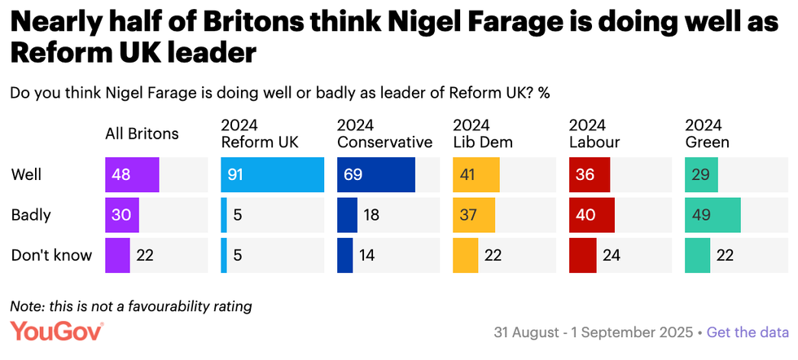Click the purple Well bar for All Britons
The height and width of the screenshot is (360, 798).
[x=132, y=175]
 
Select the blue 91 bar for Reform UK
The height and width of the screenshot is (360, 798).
[x=272, y=175]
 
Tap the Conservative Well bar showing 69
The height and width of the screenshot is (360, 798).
[x=375, y=175]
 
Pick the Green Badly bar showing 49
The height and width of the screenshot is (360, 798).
[x=712, y=215]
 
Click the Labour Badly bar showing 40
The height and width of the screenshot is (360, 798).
[x=591, y=215]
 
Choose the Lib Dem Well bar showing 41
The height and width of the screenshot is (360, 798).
[x=476, y=175]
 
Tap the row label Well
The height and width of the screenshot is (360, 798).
[x=26, y=175]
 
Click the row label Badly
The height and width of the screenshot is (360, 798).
[x=31, y=215]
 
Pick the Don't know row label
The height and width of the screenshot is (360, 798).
[x=51, y=255]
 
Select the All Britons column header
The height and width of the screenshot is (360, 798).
[x=142, y=134]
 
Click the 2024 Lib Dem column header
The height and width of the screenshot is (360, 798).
[x=483, y=134]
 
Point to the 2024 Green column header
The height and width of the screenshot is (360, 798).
[x=707, y=134]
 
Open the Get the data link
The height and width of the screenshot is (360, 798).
[x=748, y=332]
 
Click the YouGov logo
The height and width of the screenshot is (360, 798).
[x=57, y=331]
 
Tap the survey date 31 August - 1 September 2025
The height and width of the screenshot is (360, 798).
[x=592, y=332]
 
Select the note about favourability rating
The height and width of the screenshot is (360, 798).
[x=130, y=306]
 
